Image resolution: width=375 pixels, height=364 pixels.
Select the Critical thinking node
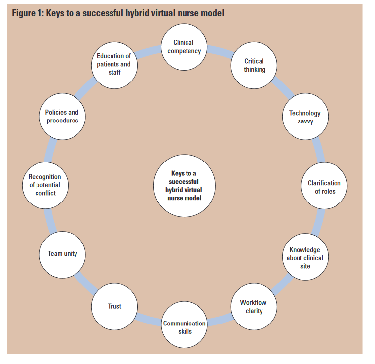pyautogui.click(x=255, y=66)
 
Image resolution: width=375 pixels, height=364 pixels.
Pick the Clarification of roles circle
pyautogui.click(x=324, y=187)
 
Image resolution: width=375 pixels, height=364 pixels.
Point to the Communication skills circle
pyautogui.click(x=185, y=327)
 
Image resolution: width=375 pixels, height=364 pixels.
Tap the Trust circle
pyautogui.click(x=114, y=306)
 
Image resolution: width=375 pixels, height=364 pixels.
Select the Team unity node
pyautogui.click(x=62, y=254)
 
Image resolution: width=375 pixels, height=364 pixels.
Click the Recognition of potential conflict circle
pyautogui.click(x=44, y=185)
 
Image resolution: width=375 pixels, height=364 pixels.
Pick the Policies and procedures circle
pyautogui.click(x=62, y=116)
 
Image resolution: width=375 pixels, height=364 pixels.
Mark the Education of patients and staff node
pyautogui.click(x=114, y=64)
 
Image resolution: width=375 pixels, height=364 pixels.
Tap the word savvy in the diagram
pyautogui.click(x=305, y=121)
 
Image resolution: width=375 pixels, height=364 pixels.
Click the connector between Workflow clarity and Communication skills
pyautogui.click(x=221, y=320)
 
